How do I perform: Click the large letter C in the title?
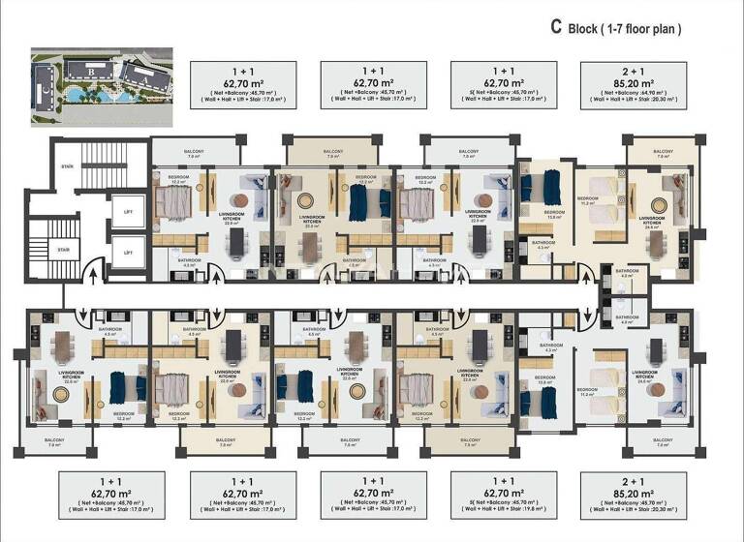pos(556,28)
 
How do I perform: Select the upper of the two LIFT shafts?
pos(128,211)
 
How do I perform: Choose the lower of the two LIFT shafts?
pos(128,252)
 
